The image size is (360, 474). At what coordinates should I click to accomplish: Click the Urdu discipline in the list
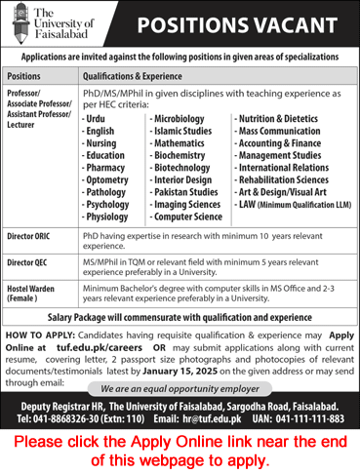98,119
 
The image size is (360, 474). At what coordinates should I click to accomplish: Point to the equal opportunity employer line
180,388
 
